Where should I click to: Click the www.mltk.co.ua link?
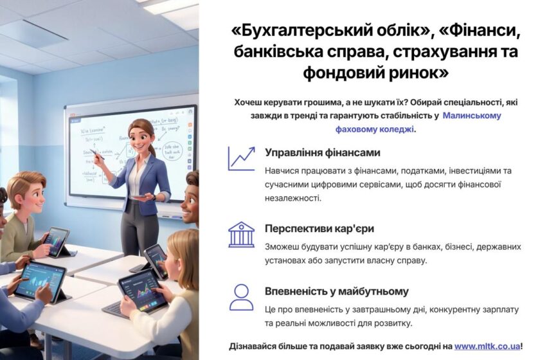click(x=487, y=346)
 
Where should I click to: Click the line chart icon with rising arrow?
click(x=242, y=159)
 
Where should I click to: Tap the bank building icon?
click(x=242, y=235)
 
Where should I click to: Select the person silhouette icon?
click(x=242, y=297)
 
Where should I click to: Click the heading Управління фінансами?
click(x=322, y=152)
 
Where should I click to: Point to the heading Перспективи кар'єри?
click(x=319, y=229)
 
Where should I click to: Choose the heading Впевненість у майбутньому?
click(x=336, y=291)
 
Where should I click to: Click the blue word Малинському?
click(x=471, y=116)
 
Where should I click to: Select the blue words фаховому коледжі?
click(x=375, y=129)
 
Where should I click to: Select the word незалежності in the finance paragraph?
click(x=292, y=198)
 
